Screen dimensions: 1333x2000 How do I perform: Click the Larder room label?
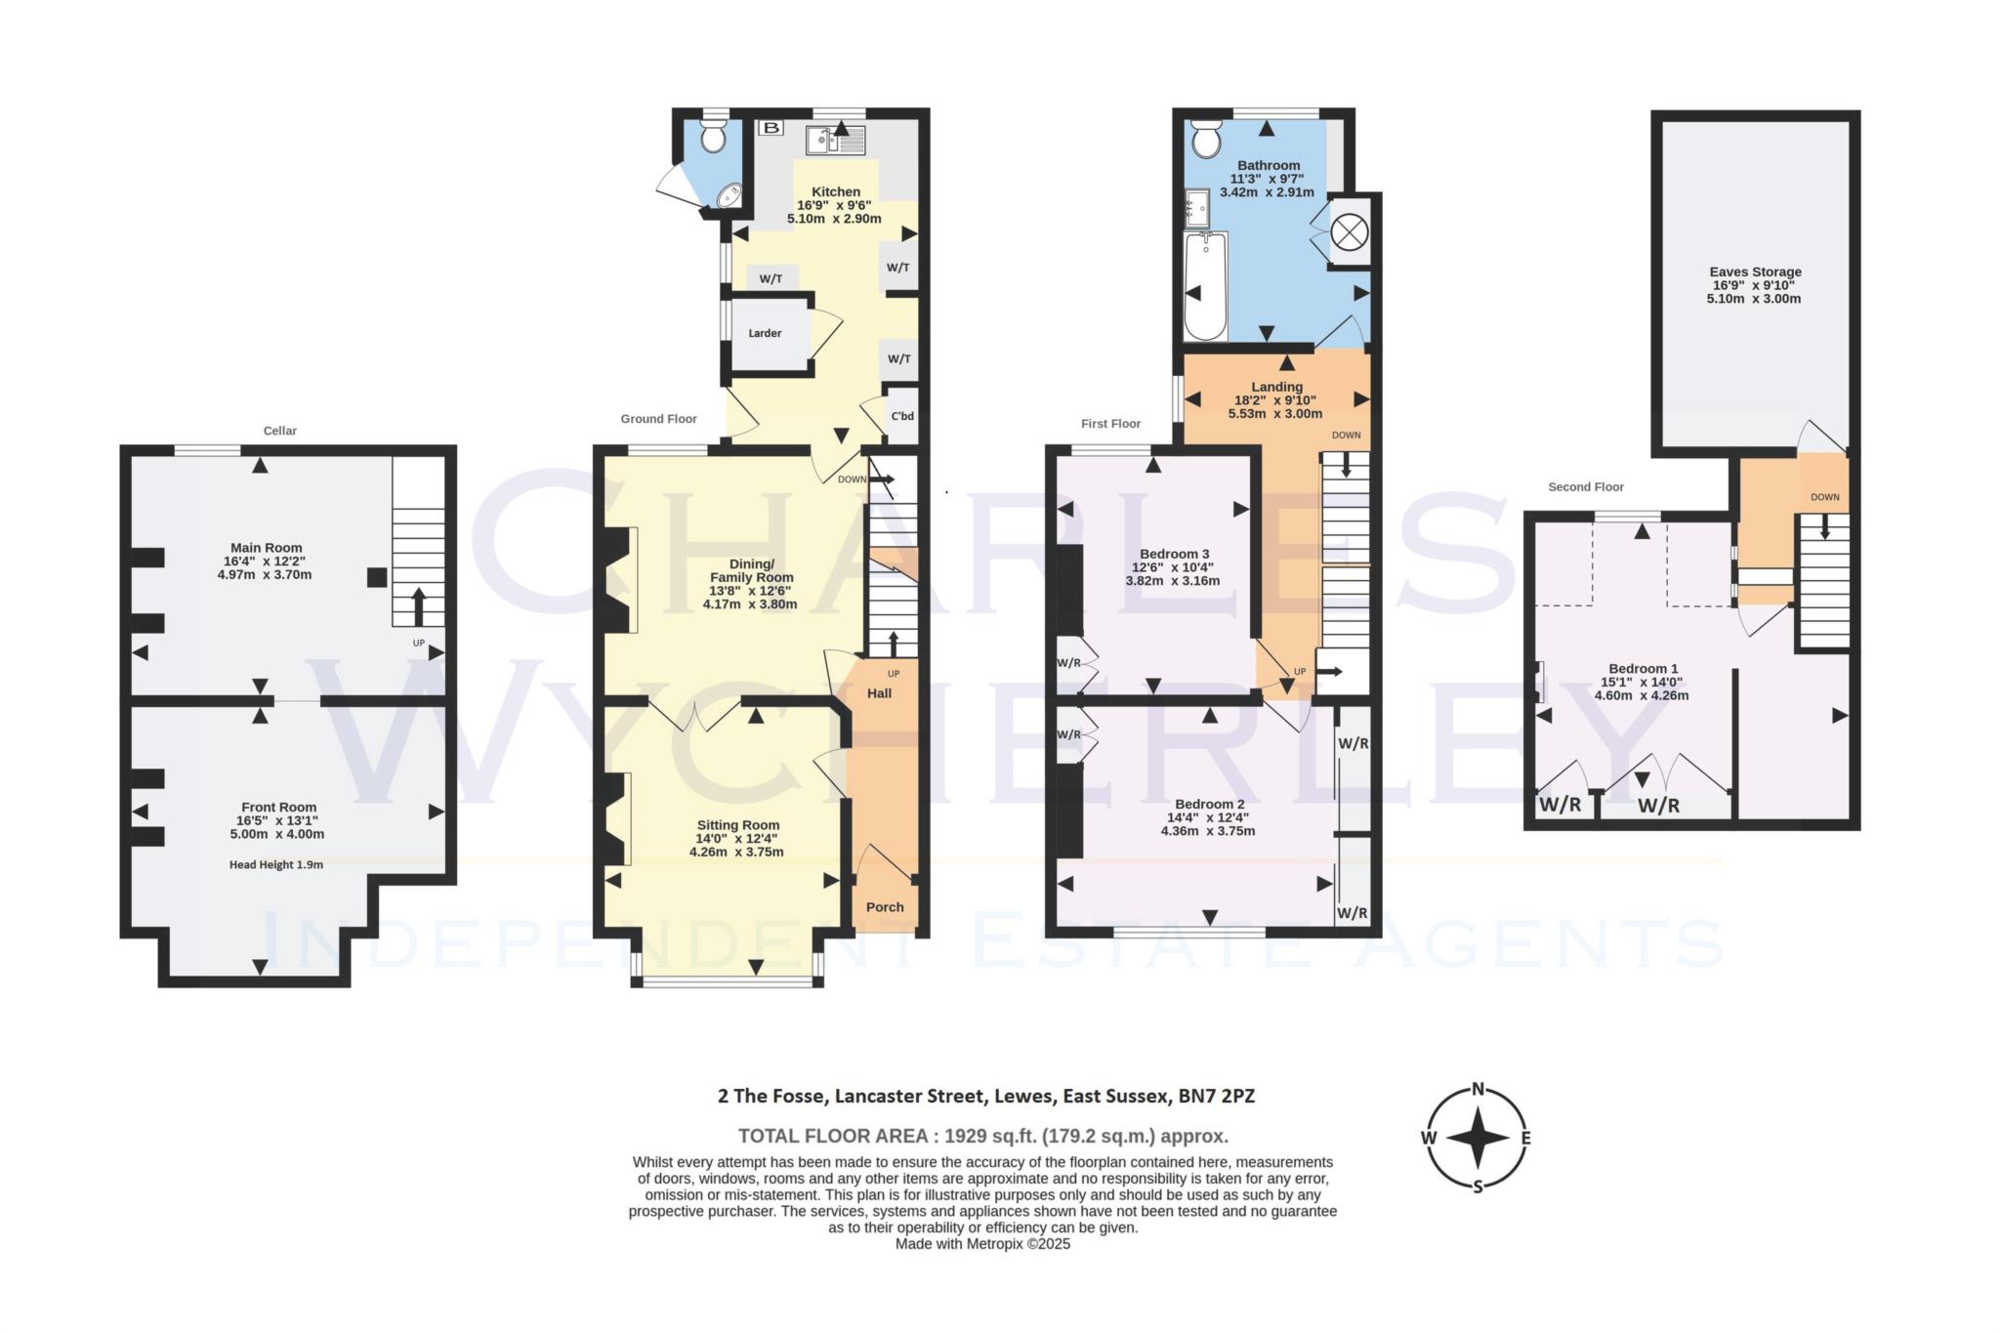tap(765, 333)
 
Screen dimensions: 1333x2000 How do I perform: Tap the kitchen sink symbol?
tap(835, 141)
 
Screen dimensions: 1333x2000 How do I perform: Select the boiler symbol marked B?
tap(771, 128)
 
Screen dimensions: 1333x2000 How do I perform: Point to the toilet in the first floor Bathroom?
tap(1206, 140)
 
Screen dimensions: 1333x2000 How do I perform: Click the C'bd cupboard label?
tap(901, 416)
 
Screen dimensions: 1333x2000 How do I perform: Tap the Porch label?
tap(885, 907)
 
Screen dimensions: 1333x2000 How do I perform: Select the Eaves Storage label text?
tap(1755, 272)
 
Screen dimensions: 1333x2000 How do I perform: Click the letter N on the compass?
tap(1479, 1090)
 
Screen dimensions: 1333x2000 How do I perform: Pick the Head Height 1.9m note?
tap(276, 864)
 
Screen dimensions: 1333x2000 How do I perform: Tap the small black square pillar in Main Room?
tap(376, 577)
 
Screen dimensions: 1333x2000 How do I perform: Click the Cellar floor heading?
tap(280, 431)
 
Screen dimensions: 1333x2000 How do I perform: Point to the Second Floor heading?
tap(1585, 486)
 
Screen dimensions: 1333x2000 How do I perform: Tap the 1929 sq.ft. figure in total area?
tap(985, 1136)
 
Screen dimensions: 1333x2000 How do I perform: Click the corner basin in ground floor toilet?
tap(729, 198)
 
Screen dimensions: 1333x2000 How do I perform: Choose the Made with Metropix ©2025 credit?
tap(982, 1244)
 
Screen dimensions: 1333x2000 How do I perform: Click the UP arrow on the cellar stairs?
tap(419, 606)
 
